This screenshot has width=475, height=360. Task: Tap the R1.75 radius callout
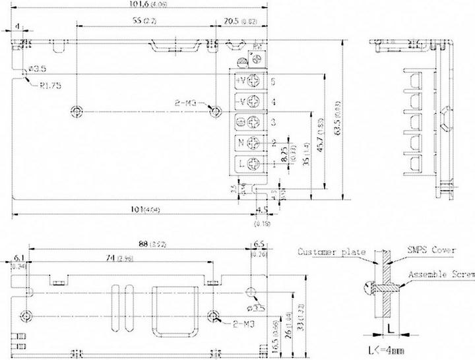[x=50, y=85]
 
